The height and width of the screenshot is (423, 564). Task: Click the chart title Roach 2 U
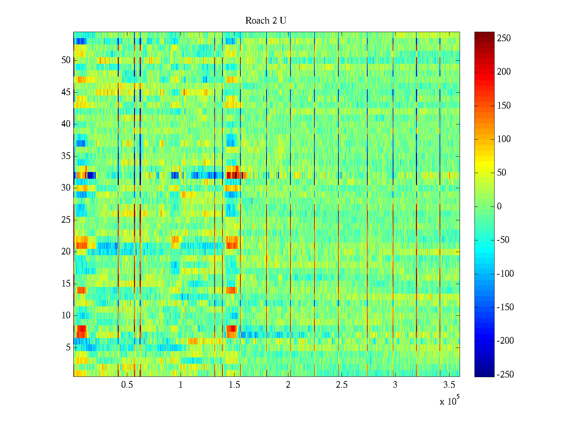[x=265, y=21]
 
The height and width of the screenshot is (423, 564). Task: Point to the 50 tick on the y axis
[x=66, y=60]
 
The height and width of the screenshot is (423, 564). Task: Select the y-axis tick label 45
[x=66, y=92]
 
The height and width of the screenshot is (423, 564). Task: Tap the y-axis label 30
[x=66, y=188]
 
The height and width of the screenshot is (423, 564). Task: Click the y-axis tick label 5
[x=68, y=348]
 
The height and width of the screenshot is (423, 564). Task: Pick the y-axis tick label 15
[x=66, y=284]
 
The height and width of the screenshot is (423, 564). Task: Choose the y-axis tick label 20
[x=66, y=252]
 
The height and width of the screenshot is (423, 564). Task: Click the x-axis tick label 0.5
[x=127, y=385]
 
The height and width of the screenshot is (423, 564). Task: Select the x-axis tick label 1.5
[x=234, y=385]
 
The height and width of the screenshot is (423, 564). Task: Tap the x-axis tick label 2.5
[x=342, y=385]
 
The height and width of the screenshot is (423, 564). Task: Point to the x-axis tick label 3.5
[x=449, y=385]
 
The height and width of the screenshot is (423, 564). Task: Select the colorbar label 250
[x=504, y=38]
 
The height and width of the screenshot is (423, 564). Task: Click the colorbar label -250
[x=505, y=375]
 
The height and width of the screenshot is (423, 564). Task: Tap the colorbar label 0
[x=499, y=207]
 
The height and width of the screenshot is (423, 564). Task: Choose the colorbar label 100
[x=504, y=139]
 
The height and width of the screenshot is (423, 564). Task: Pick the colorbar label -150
[x=505, y=307]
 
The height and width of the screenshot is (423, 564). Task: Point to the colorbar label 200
[x=504, y=72]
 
